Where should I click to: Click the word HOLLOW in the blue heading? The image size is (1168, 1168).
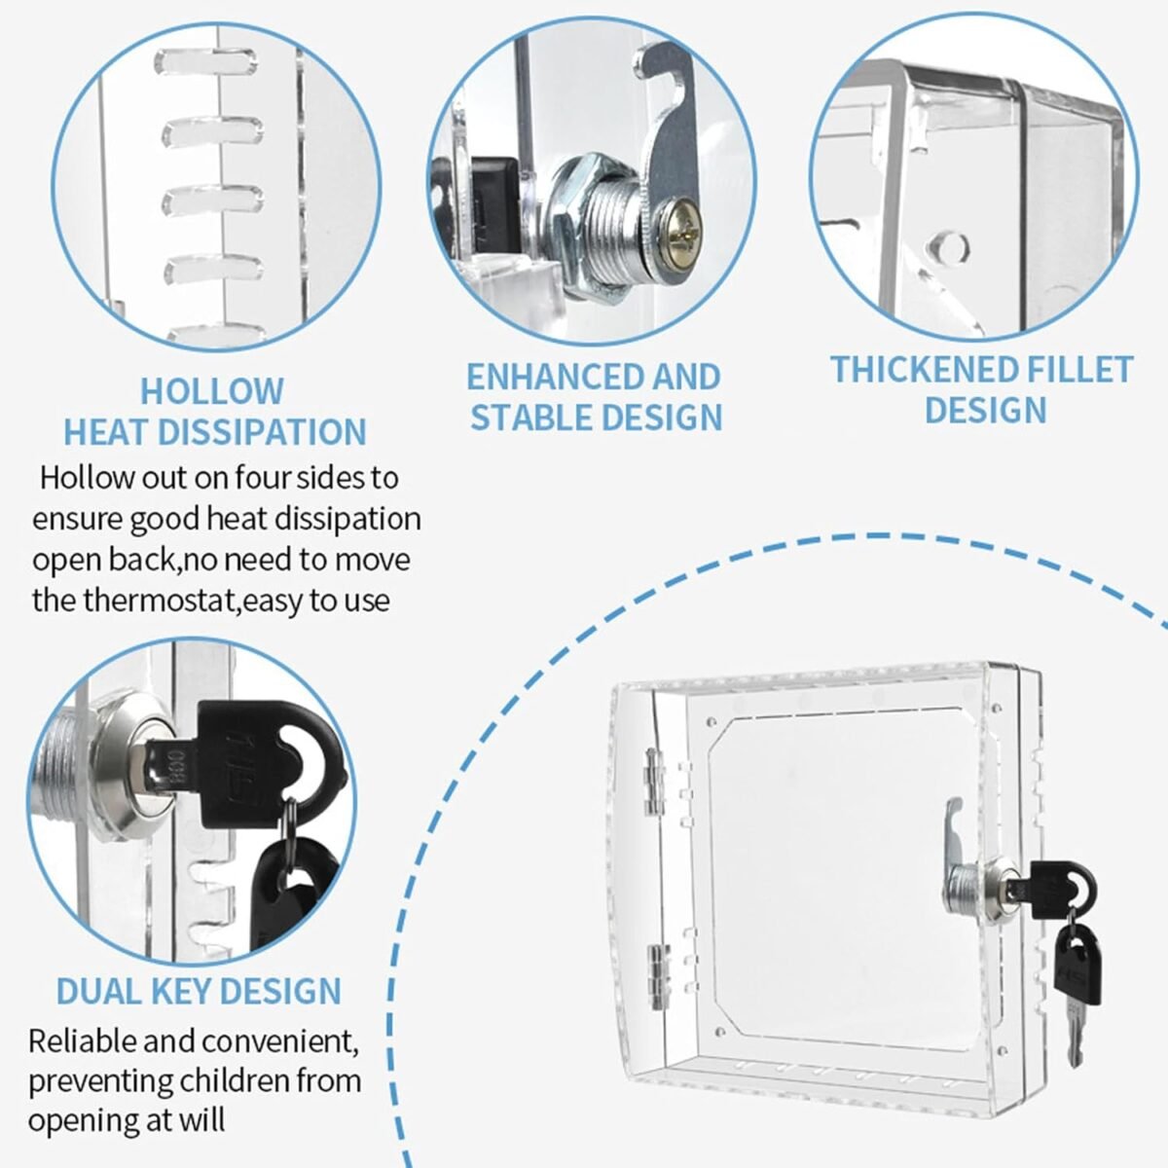[x=212, y=391]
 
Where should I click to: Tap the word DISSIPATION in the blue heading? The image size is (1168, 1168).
[x=262, y=432]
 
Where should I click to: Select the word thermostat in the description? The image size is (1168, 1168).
[x=160, y=601]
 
